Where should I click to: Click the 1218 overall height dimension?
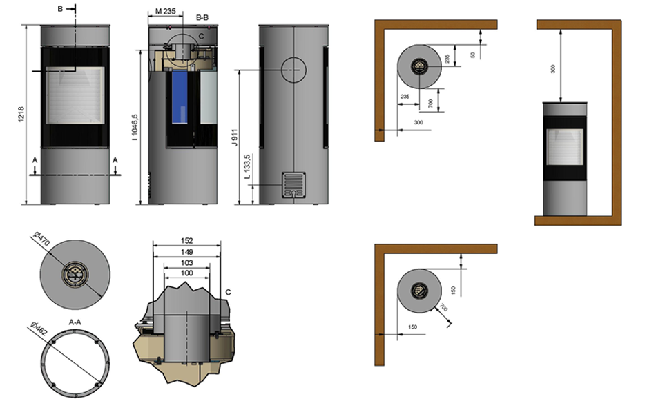coord(21,115)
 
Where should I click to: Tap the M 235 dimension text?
coord(165,11)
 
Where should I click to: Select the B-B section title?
coord(202,17)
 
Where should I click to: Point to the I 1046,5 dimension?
coord(134,127)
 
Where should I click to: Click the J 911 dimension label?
coord(234,137)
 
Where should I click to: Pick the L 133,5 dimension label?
coord(247,167)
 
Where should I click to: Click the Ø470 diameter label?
coord(41,239)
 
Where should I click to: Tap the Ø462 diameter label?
coord(39,329)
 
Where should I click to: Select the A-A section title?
coord(75,322)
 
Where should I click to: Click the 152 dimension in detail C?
coord(187,240)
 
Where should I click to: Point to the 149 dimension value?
coord(187,252)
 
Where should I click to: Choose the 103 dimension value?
coord(187,262)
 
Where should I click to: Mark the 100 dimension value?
coord(187,273)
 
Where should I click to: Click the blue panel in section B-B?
coord(180,97)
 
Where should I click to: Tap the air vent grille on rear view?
coord(293,184)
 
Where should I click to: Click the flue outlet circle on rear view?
coord(293,70)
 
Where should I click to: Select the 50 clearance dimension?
coord(473,55)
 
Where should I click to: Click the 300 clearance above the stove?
coord(552,69)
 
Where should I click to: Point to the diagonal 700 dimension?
coord(443,309)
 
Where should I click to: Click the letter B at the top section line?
coord(60,9)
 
